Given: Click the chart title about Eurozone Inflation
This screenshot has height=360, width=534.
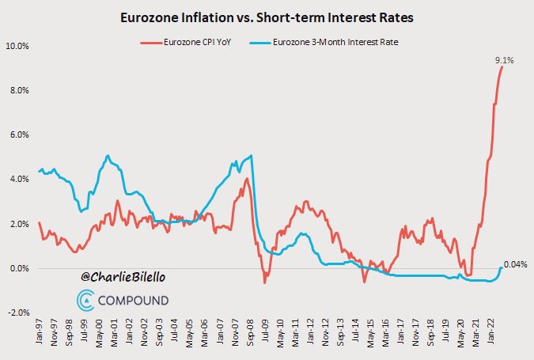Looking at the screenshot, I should point(267,17).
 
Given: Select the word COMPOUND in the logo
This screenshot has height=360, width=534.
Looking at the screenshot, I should point(133,301).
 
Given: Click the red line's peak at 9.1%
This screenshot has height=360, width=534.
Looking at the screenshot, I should point(502,66).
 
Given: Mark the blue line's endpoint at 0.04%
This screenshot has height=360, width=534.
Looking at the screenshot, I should point(502,267).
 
